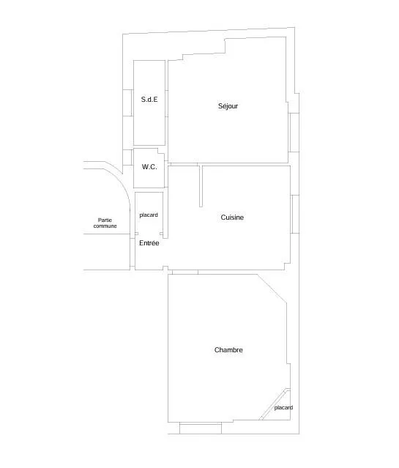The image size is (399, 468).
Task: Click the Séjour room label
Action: (228, 106)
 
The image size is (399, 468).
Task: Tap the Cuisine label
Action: (232, 218)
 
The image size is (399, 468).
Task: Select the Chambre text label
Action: (228, 350)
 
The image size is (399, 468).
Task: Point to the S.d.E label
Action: (149, 100)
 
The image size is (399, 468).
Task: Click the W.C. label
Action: (149, 167)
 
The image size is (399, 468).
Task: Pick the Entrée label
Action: (149, 243)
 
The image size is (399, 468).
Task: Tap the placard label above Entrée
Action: (149, 215)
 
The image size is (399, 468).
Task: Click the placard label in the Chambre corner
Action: (283, 408)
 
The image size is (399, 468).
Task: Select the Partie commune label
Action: (105, 223)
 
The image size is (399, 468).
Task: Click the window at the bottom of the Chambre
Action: (201, 428)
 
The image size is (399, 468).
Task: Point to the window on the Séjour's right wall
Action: (294, 133)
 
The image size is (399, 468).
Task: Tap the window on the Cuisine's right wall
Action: (295, 214)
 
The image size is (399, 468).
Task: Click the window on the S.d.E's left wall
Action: (127, 103)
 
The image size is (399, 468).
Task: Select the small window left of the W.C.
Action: (127, 157)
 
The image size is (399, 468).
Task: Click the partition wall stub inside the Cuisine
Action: (201, 186)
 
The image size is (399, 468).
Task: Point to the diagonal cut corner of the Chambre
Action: (272, 289)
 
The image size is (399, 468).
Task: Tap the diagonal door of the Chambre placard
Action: (274, 404)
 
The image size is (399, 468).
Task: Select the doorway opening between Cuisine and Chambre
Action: (185, 272)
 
